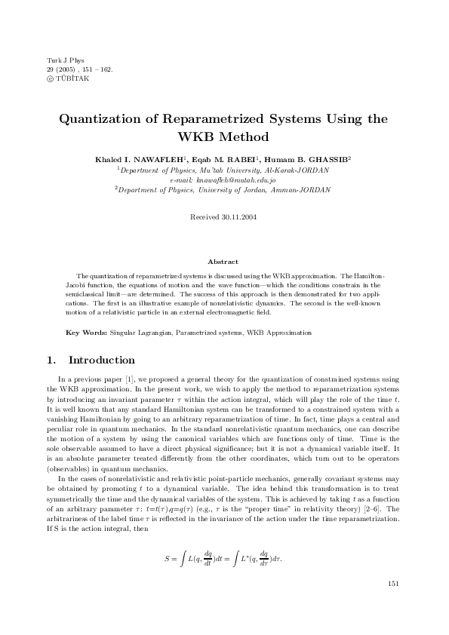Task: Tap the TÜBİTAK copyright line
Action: (68, 77)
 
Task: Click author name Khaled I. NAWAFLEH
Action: (140, 161)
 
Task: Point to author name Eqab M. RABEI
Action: (226, 161)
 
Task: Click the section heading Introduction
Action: (100, 360)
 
